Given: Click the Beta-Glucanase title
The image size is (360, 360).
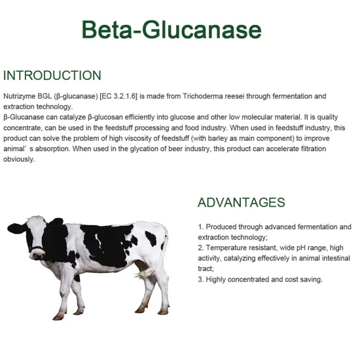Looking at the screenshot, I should click(x=171, y=29).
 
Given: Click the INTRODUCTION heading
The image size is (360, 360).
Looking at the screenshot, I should click(x=52, y=75).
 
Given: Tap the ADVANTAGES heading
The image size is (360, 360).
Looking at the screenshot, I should click(x=242, y=202).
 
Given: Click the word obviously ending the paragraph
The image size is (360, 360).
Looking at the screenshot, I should click(x=20, y=160).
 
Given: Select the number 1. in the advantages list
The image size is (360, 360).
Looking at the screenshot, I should click(x=200, y=227).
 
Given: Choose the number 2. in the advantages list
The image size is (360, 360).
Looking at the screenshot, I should click(x=200, y=248).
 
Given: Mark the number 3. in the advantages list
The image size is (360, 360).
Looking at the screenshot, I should click(x=200, y=279).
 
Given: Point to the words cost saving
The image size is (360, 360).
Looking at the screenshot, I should click(x=302, y=279).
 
